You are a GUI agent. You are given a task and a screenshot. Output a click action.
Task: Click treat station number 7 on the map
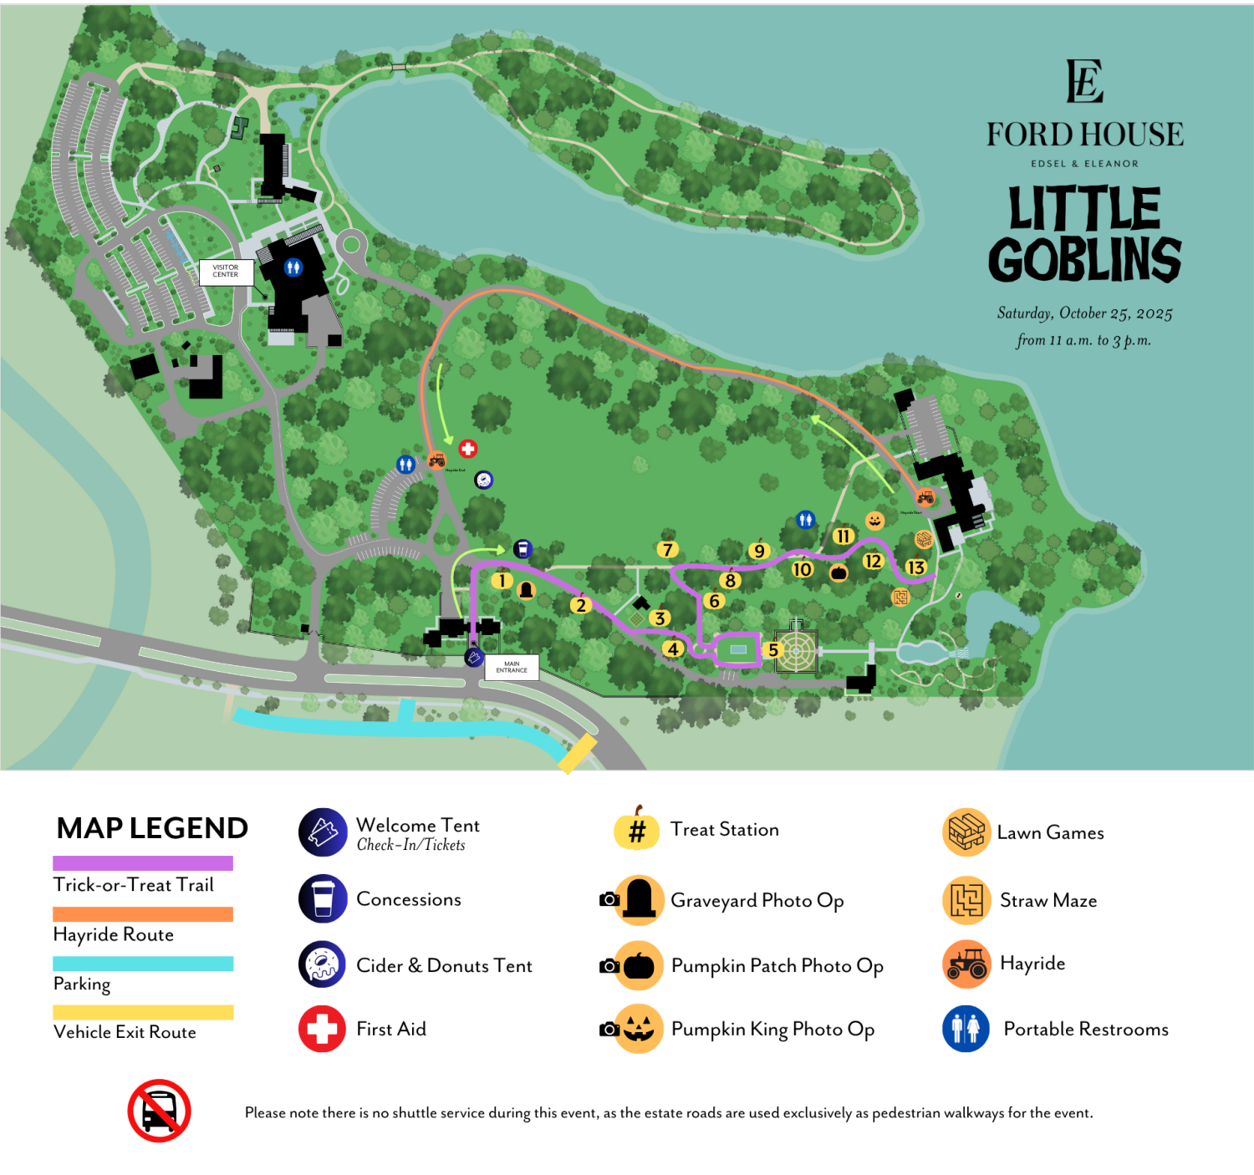tap(667, 549)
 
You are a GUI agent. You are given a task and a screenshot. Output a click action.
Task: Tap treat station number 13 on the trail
tap(916, 567)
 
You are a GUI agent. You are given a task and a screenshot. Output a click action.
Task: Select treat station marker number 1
tap(502, 581)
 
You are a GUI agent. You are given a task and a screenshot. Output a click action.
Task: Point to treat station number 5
tap(773, 649)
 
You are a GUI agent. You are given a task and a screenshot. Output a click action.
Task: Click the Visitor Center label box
tap(226, 272)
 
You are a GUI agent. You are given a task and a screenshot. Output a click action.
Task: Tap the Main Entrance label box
tap(512, 667)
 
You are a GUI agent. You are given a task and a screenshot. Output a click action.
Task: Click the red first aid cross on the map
tap(468, 449)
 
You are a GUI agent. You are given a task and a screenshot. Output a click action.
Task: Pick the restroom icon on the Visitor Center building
tap(293, 267)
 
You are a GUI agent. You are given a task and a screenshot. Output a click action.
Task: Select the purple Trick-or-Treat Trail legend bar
tap(143, 863)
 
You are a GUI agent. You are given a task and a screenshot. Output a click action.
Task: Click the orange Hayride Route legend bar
tap(143, 914)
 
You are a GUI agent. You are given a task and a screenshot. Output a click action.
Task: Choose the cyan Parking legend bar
tap(143, 964)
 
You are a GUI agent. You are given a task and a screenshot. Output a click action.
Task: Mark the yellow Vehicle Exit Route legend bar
tap(143, 1012)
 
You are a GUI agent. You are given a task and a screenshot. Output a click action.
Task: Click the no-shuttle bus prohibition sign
tap(159, 1111)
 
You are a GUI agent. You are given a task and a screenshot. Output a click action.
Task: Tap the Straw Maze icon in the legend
tap(966, 900)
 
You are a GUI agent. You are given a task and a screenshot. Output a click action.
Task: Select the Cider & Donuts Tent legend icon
tap(323, 964)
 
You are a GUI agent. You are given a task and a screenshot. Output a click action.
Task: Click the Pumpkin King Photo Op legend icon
tap(639, 1029)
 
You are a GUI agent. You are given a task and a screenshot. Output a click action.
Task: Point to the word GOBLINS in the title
tap(1084, 260)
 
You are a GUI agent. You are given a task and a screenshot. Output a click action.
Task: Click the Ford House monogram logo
tap(1084, 81)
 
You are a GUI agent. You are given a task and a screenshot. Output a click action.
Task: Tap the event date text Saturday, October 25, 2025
tap(1084, 313)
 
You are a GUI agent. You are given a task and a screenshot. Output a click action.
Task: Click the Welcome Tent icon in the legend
tap(323, 832)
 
